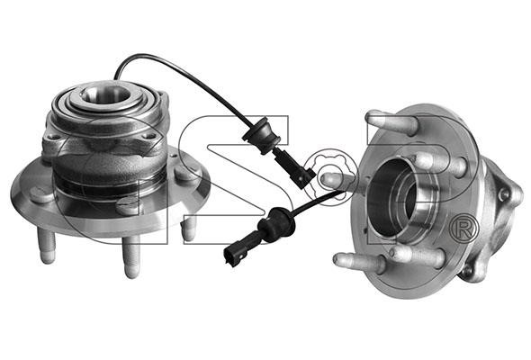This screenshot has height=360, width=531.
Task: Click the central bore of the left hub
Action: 105,94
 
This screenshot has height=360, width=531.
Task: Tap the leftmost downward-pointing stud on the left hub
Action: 47,245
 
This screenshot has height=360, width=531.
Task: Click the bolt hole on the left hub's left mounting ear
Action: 51,137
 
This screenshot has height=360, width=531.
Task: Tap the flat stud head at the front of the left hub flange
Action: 127,205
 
